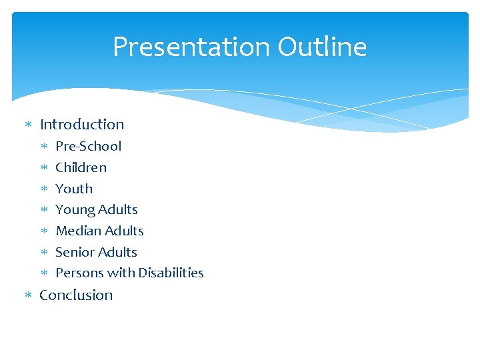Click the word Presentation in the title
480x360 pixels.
click(191, 47)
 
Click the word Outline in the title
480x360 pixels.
click(322, 47)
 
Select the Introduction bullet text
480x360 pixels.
click(82, 125)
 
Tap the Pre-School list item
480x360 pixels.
click(88, 146)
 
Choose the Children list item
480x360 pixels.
click(81, 167)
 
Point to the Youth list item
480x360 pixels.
click(74, 189)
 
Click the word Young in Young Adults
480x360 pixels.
click(75, 210)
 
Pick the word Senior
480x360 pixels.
click(75, 252)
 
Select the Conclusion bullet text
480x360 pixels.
click(76, 295)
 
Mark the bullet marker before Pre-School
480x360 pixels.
click(43, 147)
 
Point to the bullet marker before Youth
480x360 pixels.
click(43, 189)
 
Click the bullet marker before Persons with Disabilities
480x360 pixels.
click(43, 273)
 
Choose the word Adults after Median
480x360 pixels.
click(125, 231)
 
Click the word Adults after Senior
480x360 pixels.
click(118, 252)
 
